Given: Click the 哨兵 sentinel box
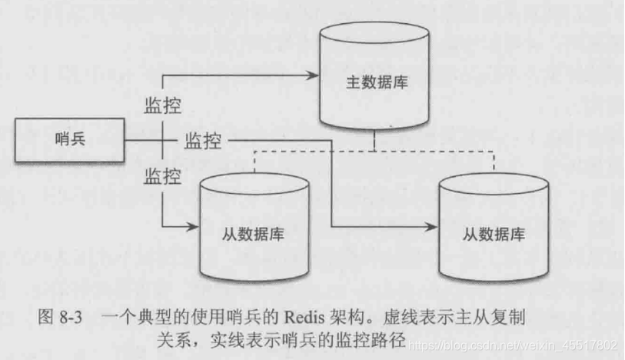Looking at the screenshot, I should [70, 140].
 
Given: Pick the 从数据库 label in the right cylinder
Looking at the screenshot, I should [494, 233].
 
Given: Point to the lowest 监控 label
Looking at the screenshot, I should [162, 177].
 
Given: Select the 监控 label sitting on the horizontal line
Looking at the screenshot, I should [203, 141].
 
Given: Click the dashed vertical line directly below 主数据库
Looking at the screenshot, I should [374, 141].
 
